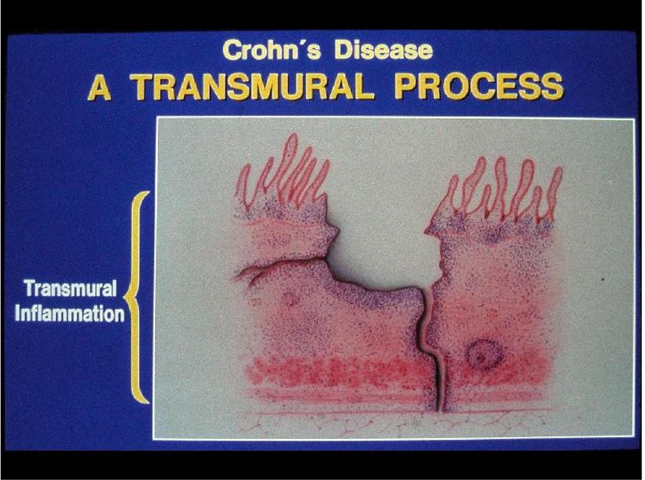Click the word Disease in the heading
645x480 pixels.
coord(383,50)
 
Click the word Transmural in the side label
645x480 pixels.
coord(70,288)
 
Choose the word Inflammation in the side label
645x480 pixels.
coord(69,314)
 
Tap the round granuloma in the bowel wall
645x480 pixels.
coord(484,354)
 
